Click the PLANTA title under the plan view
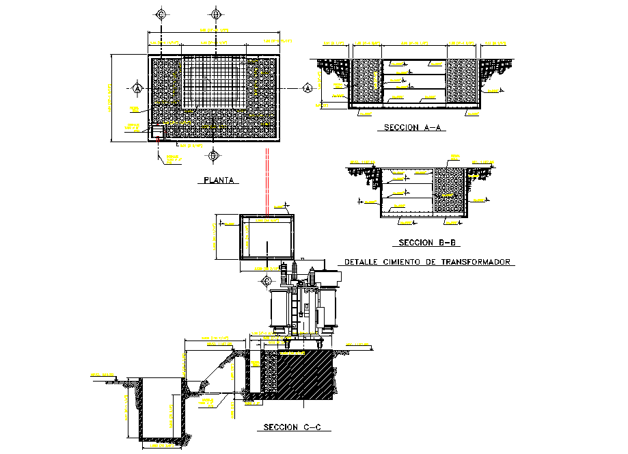point(219,181)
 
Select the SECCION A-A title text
point(411,128)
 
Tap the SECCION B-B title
point(428,243)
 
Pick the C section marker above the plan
point(161,14)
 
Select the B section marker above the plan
point(216,14)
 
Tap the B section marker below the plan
point(213,156)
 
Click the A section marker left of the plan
point(137,89)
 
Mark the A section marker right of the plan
point(308,88)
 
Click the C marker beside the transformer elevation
point(267,280)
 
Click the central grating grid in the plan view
point(213,82)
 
